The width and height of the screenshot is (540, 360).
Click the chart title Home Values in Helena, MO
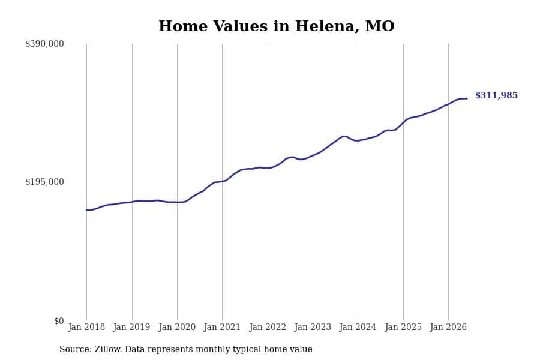tap(276, 26)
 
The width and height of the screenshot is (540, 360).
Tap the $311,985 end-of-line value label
tap(496, 95)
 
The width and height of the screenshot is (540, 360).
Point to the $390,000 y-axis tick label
tap(44, 44)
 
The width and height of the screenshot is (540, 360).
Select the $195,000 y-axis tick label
tap(44, 182)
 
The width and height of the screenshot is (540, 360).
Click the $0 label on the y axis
tap(59, 321)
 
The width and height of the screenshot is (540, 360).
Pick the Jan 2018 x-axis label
tap(86, 327)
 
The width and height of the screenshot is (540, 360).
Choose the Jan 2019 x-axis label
tap(131, 327)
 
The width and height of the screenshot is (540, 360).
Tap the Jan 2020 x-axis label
tap(177, 327)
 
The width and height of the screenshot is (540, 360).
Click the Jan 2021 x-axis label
tap(222, 327)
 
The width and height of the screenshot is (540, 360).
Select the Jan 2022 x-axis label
tap(268, 327)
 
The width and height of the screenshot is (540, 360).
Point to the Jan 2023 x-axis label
tap(313, 327)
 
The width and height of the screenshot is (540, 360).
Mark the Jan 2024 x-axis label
tap(358, 327)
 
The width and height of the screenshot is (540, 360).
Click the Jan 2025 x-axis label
tap(403, 327)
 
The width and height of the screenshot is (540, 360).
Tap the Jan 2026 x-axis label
tap(448, 327)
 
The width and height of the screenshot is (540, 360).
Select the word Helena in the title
tap(325, 26)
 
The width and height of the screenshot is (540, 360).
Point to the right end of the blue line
tap(467, 99)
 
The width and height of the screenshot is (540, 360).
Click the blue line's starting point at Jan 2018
tap(86, 210)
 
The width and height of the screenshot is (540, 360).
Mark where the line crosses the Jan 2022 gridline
tap(268, 168)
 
